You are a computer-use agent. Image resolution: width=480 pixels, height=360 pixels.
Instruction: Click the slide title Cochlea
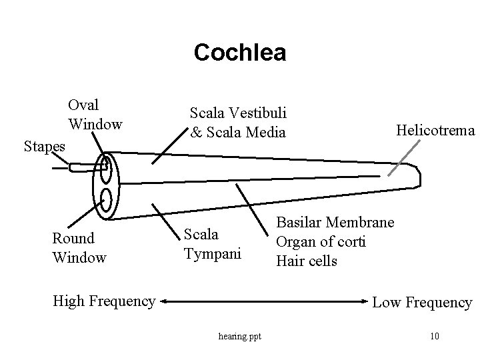(x=240, y=53)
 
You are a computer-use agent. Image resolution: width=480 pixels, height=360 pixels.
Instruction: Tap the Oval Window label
(x=94, y=114)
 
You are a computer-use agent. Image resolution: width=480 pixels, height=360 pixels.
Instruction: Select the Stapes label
(x=44, y=145)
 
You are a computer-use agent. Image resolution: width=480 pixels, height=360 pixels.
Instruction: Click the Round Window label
(x=79, y=247)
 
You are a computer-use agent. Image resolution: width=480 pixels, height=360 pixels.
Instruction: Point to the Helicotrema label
(x=435, y=131)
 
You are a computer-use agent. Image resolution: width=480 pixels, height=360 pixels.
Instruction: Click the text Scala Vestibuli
(x=238, y=114)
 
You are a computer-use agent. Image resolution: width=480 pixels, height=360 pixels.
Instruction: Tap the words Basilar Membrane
(x=335, y=221)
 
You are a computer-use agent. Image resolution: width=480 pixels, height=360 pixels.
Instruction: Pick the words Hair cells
(x=306, y=260)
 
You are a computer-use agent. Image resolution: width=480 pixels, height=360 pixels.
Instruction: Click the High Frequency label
(x=103, y=301)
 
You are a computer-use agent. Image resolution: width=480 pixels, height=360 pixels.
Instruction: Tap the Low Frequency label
(x=422, y=303)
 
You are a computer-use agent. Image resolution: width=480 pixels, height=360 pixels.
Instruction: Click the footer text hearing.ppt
(x=240, y=335)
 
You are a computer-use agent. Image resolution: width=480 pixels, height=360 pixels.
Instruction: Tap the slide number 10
(x=434, y=335)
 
